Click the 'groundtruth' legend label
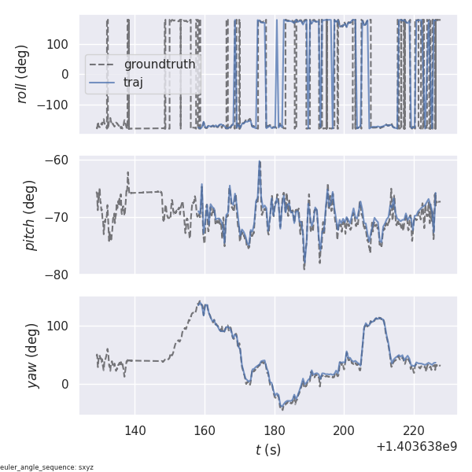point(160,65)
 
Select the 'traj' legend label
point(133,83)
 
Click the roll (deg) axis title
point(23,74)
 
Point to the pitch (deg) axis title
point(30,216)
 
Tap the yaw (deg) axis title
point(23,355)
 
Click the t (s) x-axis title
point(267,450)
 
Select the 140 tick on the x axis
point(135,430)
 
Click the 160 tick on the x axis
point(205,430)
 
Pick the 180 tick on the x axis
point(275,430)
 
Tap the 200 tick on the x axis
point(344,430)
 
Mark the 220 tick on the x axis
point(414,430)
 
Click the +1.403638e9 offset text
point(416,447)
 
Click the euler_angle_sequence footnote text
point(47,467)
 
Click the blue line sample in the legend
point(104,83)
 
